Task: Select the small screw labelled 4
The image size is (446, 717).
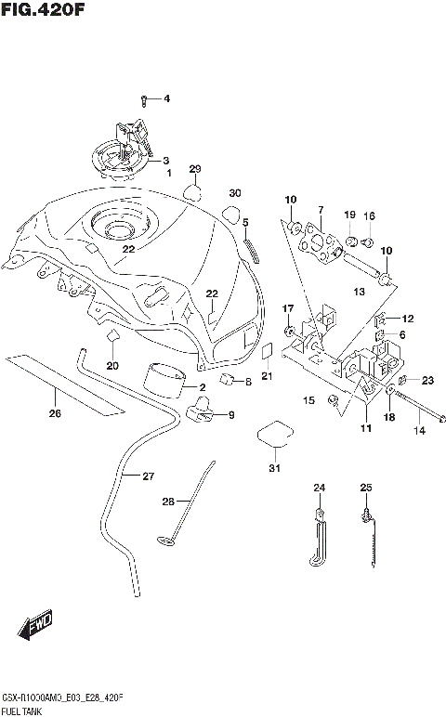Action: pyautogui.click(x=145, y=98)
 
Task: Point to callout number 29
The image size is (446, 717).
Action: pyautogui.click(x=195, y=169)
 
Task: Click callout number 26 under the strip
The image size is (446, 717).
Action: pyautogui.click(x=55, y=413)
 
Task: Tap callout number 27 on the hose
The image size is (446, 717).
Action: pyautogui.click(x=148, y=476)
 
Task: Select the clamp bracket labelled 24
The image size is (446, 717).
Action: pyautogui.click(x=316, y=537)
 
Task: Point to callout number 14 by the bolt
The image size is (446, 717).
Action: pyautogui.click(x=419, y=431)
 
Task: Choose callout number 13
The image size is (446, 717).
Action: pyautogui.click(x=360, y=291)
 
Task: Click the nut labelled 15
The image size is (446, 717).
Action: pyautogui.click(x=332, y=401)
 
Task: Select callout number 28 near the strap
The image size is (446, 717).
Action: pyautogui.click(x=168, y=502)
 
